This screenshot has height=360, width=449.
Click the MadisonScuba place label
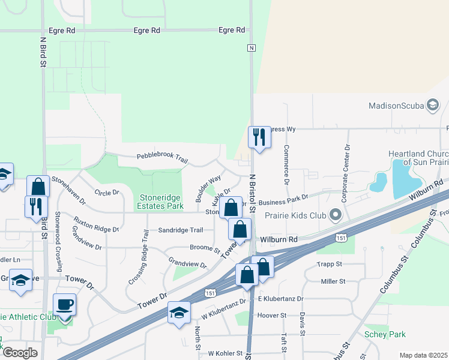[x=396, y=106]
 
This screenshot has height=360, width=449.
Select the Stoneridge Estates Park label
[x=161, y=202]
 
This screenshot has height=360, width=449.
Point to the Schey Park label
[x=385, y=334]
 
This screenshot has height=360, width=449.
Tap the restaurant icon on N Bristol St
[x=259, y=137]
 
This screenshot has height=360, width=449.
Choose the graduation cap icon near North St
[x=179, y=314]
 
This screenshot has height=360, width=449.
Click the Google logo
[x=20, y=353]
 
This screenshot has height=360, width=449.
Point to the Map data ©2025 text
[x=423, y=355]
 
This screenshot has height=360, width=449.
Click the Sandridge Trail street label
[x=181, y=230]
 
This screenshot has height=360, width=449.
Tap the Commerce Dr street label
[x=286, y=164]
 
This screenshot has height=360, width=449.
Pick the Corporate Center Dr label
[x=346, y=165]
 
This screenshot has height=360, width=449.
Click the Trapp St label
[x=330, y=263]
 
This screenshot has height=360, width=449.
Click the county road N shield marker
[x=252, y=47]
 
